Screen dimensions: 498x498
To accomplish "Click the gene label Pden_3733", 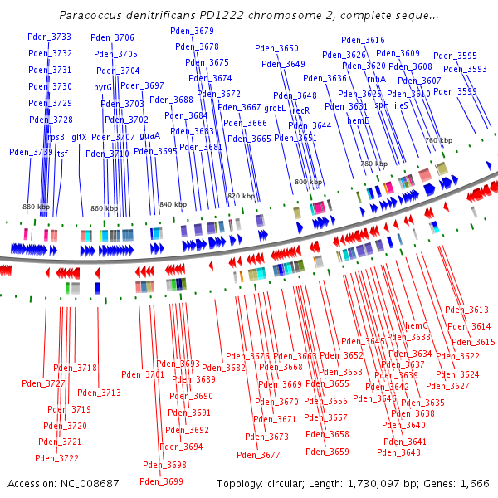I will point(50,37).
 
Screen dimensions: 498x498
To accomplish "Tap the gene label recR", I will point(300,110).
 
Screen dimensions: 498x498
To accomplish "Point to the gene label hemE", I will point(358,120).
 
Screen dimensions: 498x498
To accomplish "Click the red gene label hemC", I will point(416,325).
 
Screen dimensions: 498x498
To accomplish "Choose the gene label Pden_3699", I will point(161,481).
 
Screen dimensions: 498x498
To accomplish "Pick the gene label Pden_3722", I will point(57,458).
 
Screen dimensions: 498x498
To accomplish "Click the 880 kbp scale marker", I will point(36,206).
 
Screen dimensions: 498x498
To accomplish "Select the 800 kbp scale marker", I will point(308,182).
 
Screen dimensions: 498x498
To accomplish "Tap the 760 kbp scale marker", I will point(438,141).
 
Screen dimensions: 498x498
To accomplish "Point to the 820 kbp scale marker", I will point(240,196).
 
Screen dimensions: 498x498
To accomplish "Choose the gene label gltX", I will point(79,137).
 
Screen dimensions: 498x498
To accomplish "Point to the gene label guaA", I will point(149,135).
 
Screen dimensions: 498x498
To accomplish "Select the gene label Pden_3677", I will point(258,454).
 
